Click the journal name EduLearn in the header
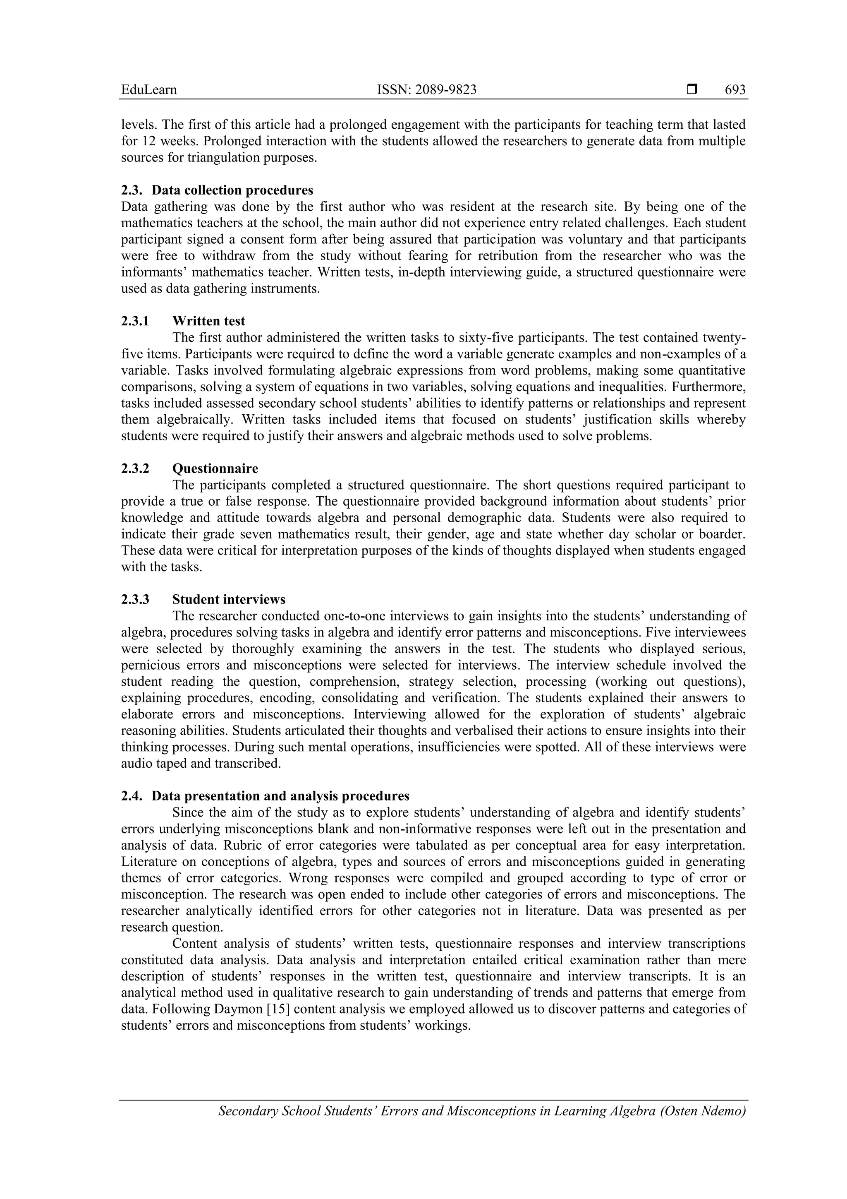click(149, 90)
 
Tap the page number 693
click(735, 90)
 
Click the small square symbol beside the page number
click(692, 89)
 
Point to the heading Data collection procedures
click(232, 190)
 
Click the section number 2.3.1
click(135, 321)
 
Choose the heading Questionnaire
click(215, 469)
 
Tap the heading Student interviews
click(229, 599)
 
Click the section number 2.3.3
click(135, 599)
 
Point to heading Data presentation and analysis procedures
click(280, 796)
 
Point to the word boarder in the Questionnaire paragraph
click(723, 534)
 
